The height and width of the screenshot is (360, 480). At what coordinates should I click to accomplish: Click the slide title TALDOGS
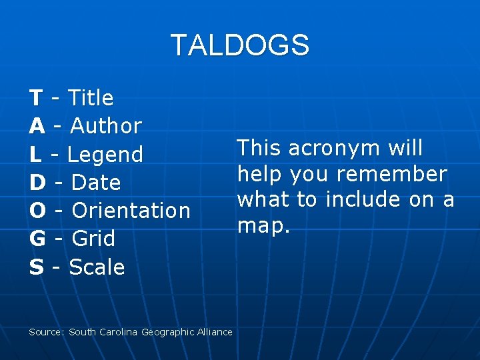pos(240,45)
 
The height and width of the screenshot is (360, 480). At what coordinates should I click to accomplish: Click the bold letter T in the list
pos(36,98)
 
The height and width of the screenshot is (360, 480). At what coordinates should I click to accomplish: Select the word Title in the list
pos(91,98)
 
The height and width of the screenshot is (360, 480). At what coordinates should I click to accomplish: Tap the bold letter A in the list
pos(37,126)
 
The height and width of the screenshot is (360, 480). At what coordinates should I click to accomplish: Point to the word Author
pos(106,126)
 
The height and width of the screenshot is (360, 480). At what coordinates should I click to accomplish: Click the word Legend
pos(105,155)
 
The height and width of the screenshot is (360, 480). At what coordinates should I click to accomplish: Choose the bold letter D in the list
pos(37,183)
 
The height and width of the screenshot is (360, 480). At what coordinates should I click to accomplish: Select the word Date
pos(96,183)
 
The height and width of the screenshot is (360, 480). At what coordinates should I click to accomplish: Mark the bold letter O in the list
pos(38,211)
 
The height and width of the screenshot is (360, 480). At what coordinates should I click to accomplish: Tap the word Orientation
pos(131,211)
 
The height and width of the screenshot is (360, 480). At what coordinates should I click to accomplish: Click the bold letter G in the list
pos(37,239)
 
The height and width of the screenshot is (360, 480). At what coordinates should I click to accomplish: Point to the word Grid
pos(93,239)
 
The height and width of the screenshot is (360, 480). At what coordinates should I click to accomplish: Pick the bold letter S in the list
pos(36,267)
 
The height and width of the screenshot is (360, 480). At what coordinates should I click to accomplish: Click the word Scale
pos(97,267)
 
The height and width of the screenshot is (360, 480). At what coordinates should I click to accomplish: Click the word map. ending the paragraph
pos(264,225)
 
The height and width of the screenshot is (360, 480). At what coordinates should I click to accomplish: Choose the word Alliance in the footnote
pos(214,332)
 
